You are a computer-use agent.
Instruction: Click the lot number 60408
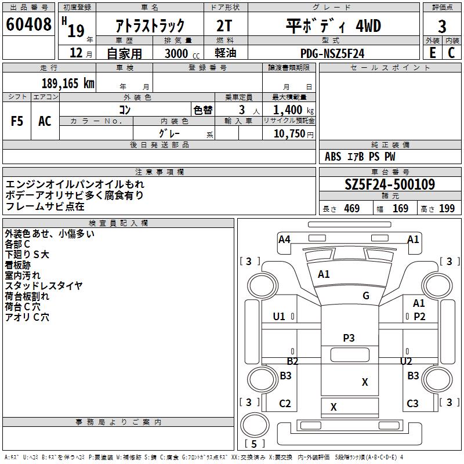click(x=28, y=24)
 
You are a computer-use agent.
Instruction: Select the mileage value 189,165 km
click(x=68, y=84)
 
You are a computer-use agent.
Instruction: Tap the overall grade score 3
click(x=442, y=26)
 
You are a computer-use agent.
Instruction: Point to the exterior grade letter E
click(x=432, y=53)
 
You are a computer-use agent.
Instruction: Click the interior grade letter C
click(x=451, y=53)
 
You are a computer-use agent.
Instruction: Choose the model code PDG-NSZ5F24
click(x=332, y=53)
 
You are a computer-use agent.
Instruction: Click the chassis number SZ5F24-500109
click(x=390, y=184)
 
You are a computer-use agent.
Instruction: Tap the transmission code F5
click(x=17, y=121)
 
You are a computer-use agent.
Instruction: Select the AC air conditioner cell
click(x=45, y=121)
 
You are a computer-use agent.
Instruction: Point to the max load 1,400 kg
click(x=293, y=110)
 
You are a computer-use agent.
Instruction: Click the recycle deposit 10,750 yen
click(x=293, y=134)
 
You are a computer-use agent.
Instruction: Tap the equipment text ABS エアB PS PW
click(x=360, y=157)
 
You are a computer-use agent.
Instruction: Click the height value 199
click(x=447, y=209)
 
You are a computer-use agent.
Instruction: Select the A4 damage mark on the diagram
click(x=284, y=239)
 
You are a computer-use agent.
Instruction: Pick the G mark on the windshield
click(x=366, y=295)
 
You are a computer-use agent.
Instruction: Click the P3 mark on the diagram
click(x=349, y=338)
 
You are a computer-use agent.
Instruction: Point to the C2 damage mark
click(x=285, y=403)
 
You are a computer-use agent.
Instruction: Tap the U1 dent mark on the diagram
click(x=279, y=316)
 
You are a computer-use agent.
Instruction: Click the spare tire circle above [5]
click(x=255, y=425)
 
